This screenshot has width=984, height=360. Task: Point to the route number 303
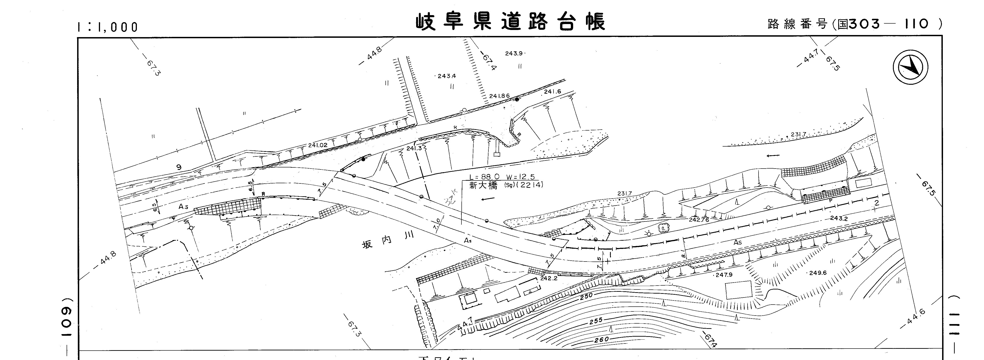point(864,24)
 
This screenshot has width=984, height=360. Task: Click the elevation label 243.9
point(514,54)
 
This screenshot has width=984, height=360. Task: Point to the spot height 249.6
point(817,273)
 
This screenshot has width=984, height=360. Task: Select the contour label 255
point(596,321)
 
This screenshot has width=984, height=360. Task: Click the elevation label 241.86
point(499,96)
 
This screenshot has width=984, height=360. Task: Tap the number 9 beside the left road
point(179,167)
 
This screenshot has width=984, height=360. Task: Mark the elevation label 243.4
point(447,76)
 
